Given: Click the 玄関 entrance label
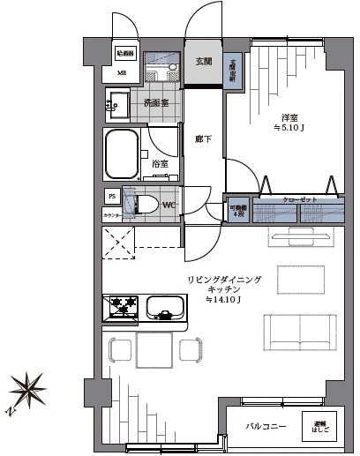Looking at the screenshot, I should pos(204,60).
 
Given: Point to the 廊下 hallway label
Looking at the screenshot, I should pos(201,138).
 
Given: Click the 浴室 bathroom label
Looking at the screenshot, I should pos(161,164).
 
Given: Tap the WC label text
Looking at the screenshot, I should pos(169,206).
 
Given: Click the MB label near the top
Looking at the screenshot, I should pos(123,72).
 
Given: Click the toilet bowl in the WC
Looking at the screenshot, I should pos(147,206).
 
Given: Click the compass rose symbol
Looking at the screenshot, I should pos(29,388).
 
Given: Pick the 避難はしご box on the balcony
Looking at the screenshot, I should pos(319,426).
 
